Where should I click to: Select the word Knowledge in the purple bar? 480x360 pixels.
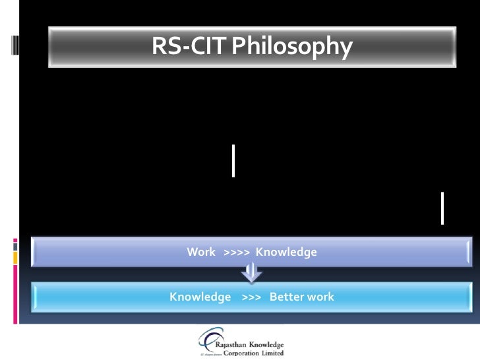point(286,252)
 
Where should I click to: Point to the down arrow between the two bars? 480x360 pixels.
point(252,272)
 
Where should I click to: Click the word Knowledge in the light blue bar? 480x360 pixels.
point(200,297)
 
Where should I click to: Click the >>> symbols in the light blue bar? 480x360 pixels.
point(251,297)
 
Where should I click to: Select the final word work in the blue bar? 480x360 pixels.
point(320,297)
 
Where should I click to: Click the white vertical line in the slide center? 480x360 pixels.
point(233,160)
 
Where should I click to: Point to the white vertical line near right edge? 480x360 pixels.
point(442,208)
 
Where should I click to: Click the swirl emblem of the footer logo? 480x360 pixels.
point(206,340)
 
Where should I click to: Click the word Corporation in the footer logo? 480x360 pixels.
point(241,353)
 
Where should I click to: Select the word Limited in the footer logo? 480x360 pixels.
point(272,353)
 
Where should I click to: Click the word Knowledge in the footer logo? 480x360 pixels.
point(266,344)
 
